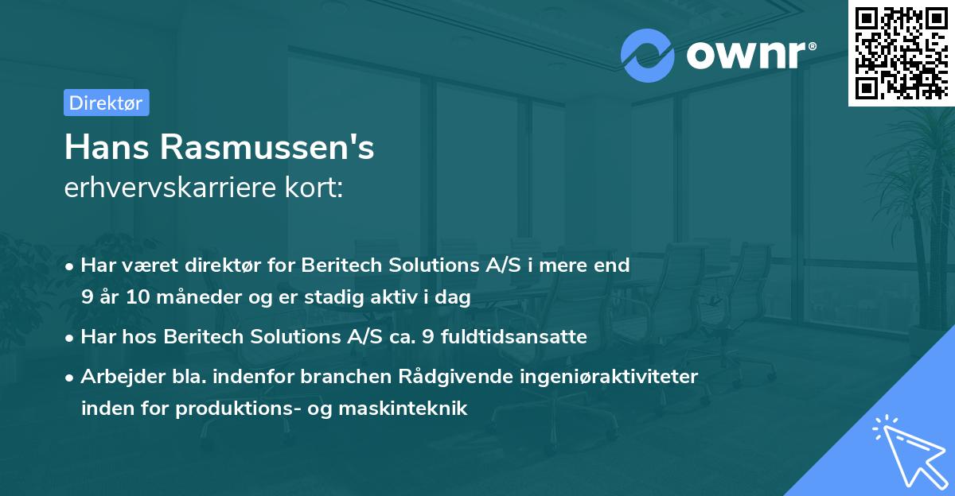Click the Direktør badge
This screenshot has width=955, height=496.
tap(106, 103)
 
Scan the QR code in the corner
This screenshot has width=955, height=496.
tap(901, 52)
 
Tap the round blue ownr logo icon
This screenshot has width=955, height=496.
tap(648, 55)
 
